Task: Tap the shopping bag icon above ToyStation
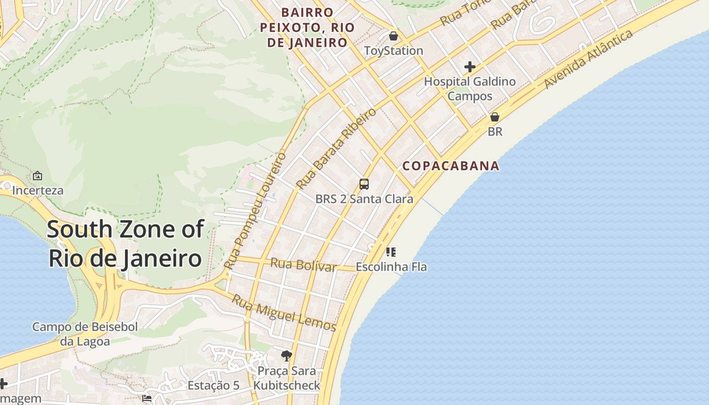[x=393, y=36]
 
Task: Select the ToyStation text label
[x=393, y=51]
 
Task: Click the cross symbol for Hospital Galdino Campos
[x=469, y=66]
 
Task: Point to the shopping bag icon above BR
[x=494, y=117]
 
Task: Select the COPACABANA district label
[x=451, y=166]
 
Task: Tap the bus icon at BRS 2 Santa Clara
[x=364, y=184]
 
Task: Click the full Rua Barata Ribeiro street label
[x=336, y=148]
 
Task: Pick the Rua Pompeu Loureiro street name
[x=255, y=210]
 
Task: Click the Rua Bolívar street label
[x=303, y=264]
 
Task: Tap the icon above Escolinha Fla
[x=390, y=252]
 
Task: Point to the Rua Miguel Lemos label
[x=284, y=313]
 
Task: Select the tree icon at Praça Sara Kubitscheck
[x=287, y=356]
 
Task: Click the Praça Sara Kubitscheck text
[x=287, y=378]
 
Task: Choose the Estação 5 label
[x=213, y=385]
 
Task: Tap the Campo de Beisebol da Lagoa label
[x=85, y=334]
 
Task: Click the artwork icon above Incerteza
[x=37, y=176]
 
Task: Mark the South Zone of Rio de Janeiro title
[x=125, y=244]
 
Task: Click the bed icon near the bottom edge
[x=147, y=398]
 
